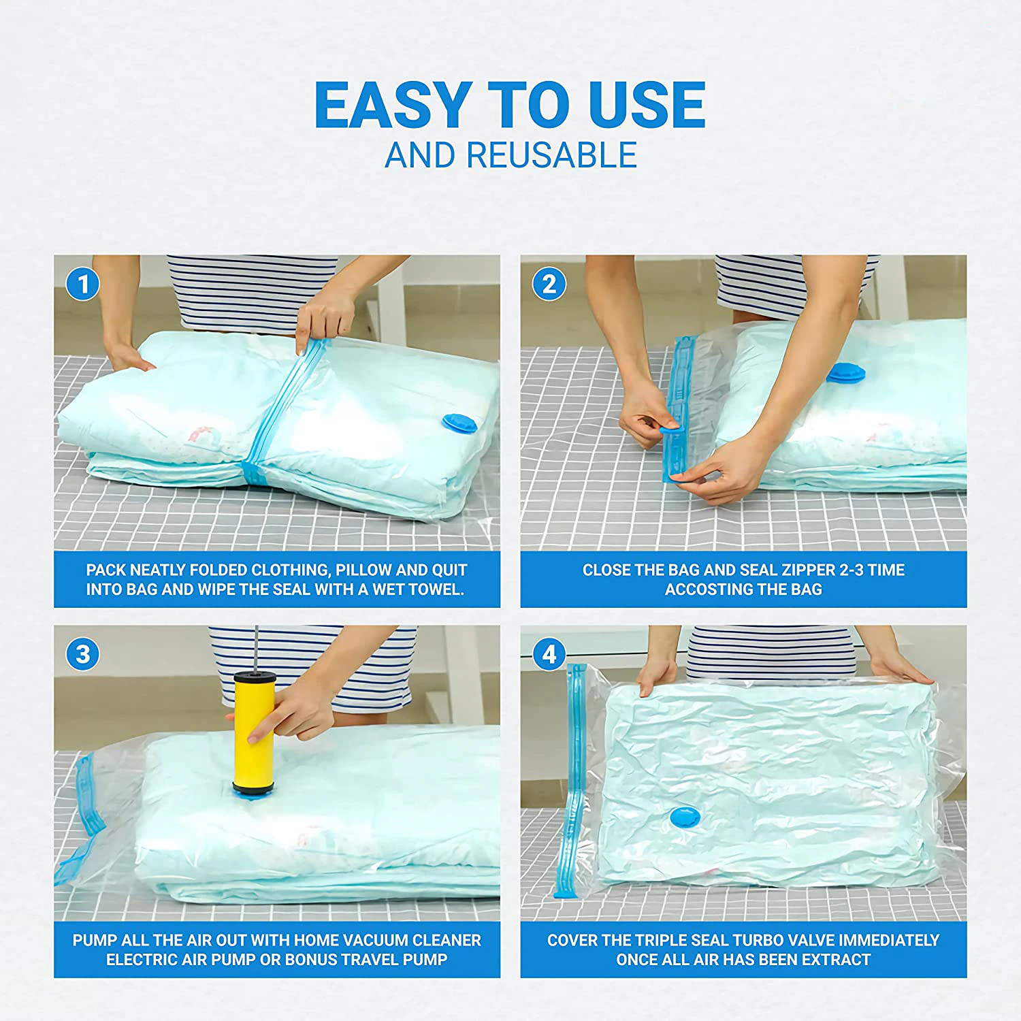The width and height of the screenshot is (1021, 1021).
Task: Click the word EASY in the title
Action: (391, 105)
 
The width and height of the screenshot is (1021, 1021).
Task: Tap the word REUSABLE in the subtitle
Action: (551, 155)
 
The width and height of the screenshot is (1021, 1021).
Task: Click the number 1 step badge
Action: (83, 284)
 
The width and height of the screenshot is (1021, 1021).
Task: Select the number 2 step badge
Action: (549, 284)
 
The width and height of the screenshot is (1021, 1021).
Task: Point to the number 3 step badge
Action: (83, 654)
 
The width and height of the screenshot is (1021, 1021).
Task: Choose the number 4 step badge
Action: (549, 654)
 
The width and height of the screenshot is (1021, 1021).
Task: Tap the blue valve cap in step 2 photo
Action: (846, 373)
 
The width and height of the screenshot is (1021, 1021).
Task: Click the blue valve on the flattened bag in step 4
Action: (684, 817)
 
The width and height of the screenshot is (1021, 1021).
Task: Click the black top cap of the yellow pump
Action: (255, 677)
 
